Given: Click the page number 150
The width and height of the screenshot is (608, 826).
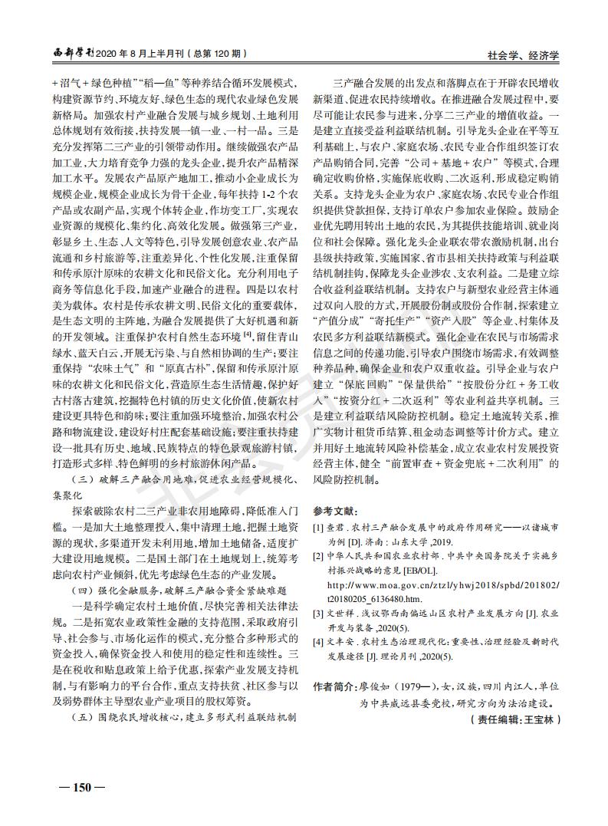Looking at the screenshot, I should (77, 787).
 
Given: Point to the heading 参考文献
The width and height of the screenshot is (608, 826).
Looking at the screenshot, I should (336, 512).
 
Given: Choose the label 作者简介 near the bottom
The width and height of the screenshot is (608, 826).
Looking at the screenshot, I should (333, 686).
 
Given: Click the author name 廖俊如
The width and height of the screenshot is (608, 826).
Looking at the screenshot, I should (373, 686).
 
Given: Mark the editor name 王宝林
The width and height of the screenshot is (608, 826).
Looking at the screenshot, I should (542, 720).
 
